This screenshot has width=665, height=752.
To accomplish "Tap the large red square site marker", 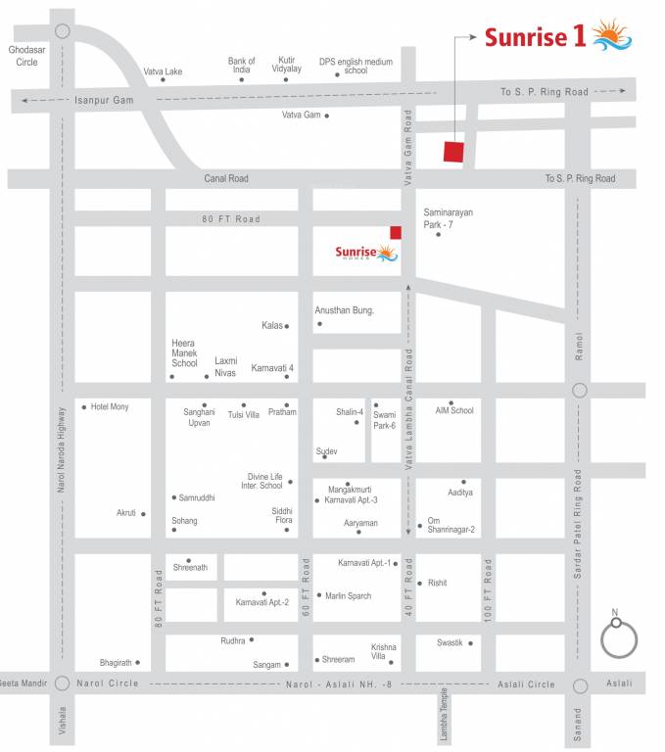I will pyautogui.click(x=452, y=152).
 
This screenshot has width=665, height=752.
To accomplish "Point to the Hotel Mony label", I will pyautogui.click(x=109, y=406).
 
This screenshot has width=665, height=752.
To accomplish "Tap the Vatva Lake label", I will pyautogui.click(x=163, y=71).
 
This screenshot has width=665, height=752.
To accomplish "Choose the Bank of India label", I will pyautogui.click(x=241, y=66).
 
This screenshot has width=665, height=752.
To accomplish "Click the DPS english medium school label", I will pyautogui.click(x=356, y=66).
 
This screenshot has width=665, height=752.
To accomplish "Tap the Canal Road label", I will pyautogui.click(x=226, y=178).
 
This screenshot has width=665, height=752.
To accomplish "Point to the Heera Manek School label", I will pyautogui.click(x=185, y=353).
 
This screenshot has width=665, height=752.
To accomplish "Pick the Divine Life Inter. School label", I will pyautogui.click(x=264, y=481).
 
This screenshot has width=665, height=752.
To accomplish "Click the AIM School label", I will pyautogui.click(x=454, y=410).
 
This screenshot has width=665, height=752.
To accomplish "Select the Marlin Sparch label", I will pyautogui.click(x=348, y=595).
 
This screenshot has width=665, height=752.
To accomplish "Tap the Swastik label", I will pyautogui.click(x=450, y=642).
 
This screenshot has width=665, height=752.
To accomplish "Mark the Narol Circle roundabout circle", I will pyautogui.click(x=62, y=683).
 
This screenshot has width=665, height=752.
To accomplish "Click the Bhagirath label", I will pyautogui.click(x=116, y=663).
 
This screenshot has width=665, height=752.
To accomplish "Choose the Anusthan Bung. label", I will pyautogui.click(x=344, y=310).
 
